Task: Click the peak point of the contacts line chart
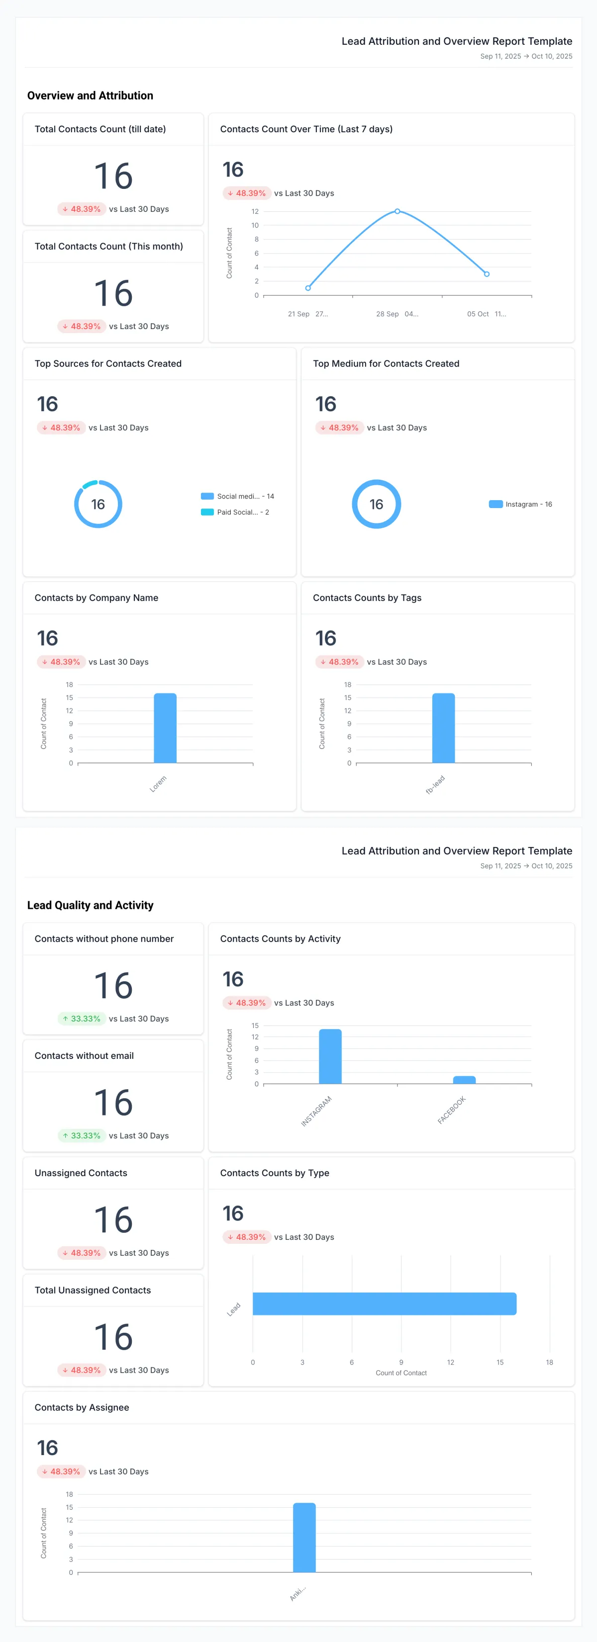coord(398,211)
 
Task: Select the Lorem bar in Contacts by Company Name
coord(165,727)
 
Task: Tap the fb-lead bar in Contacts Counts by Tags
coord(443,727)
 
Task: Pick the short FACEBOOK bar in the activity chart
coord(464,1080)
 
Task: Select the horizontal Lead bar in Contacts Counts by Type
coord(384,1303)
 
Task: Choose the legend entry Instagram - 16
coord(520,504)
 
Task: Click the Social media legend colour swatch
coord(207,496)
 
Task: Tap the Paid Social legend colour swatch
coord(207,512)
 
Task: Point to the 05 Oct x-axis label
coord(478,314)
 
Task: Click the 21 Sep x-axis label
coord(298,314)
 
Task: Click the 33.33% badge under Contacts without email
coord(81,1135)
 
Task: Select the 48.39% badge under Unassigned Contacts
coord(81,1253)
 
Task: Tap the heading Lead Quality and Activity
coord(90,905)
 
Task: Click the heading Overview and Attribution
coord(90,95)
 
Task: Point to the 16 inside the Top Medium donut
coord(376,504)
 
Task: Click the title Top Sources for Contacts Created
coord(108,363)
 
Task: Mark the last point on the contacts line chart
coord(487,274)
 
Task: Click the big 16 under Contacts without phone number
coord(113,985)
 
